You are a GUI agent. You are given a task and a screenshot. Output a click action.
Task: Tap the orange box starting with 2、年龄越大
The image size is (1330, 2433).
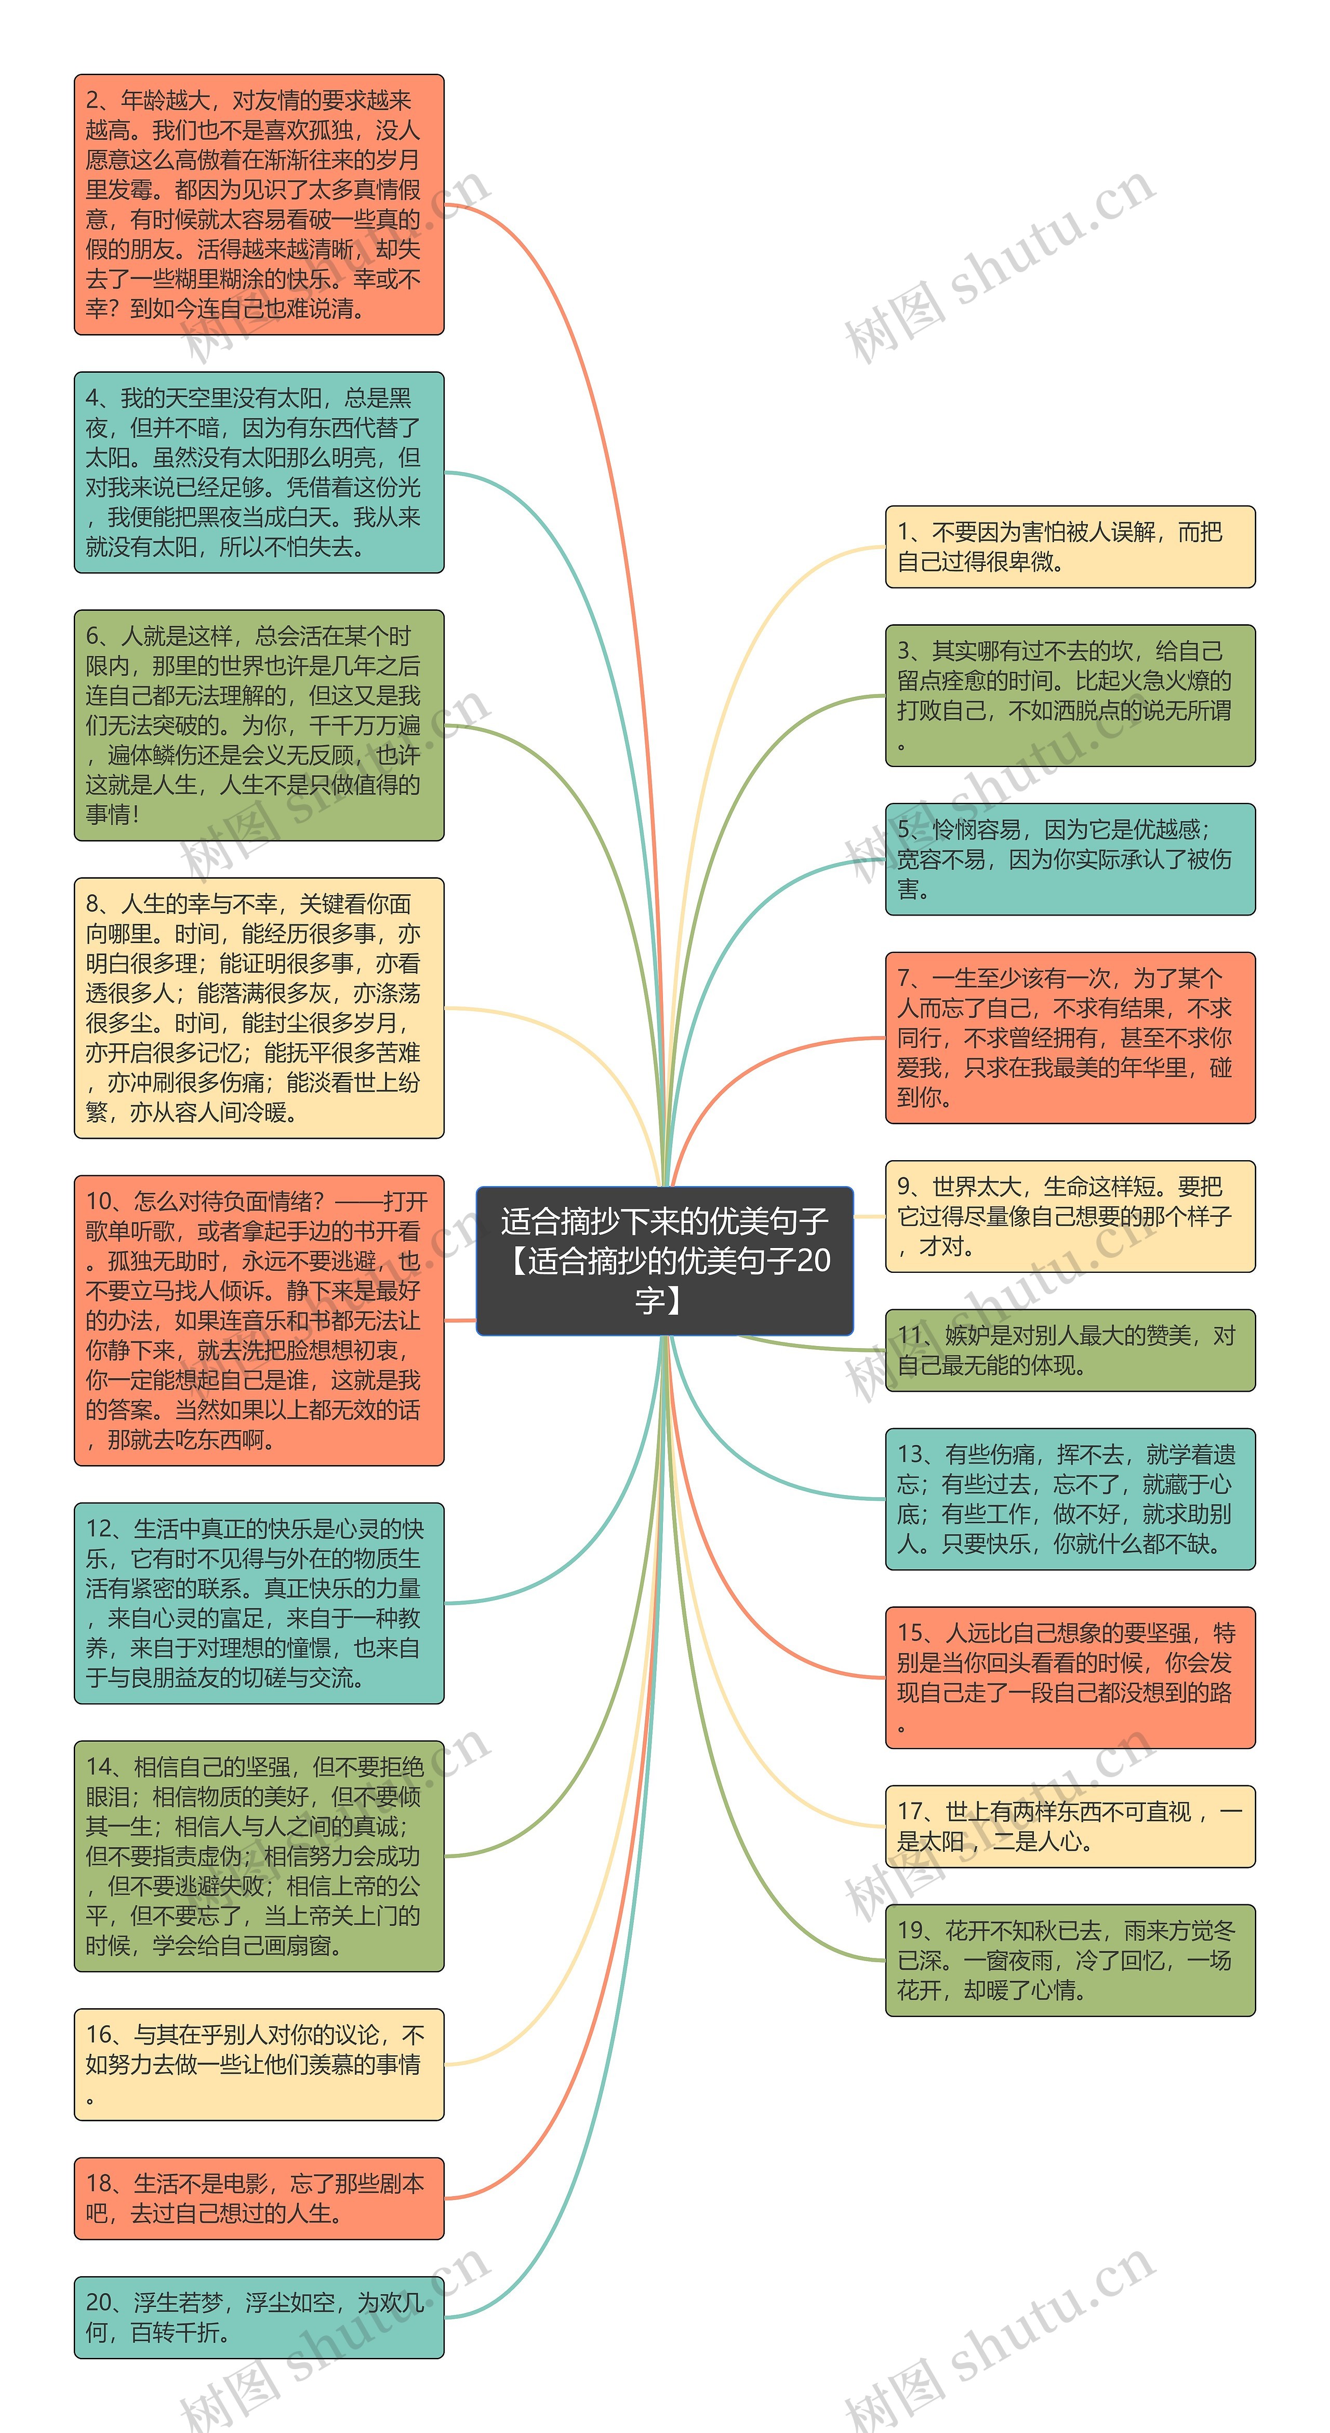(x=259, y=205)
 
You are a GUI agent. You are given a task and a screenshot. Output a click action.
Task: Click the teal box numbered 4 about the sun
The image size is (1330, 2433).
(x=259, y=472)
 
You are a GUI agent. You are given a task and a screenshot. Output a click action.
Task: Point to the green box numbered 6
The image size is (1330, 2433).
(x=259, y=725)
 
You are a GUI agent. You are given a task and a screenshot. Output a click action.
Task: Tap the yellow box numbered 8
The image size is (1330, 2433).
(x=259, y=1008)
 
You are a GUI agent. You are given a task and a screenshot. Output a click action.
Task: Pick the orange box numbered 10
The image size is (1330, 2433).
(x=259, y=1321)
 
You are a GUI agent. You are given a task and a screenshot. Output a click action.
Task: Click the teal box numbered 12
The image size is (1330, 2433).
(x=259, y=1603)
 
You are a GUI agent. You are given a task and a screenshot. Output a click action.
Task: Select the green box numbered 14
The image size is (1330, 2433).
(x=259, y=1856)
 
